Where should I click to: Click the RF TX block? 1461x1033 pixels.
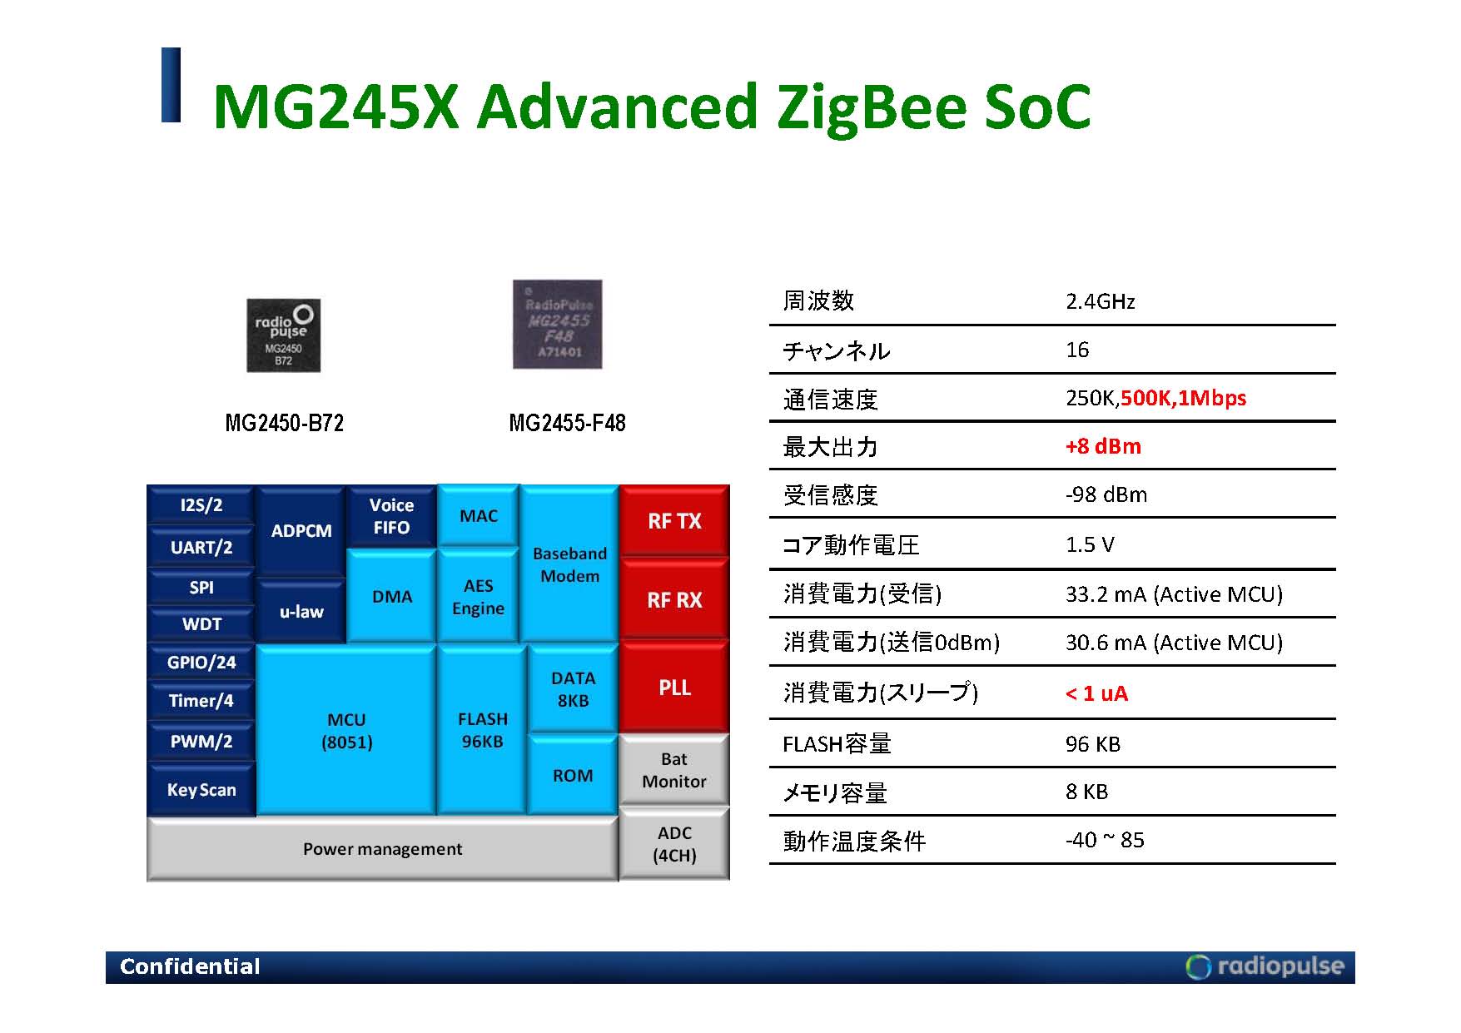pos(674,520)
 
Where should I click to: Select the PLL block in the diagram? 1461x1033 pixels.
pos(674,687)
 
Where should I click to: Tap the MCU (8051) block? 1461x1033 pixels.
pos(346,730)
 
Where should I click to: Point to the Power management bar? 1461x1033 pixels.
pos(382,849)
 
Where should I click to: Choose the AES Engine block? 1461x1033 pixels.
pos(478,596)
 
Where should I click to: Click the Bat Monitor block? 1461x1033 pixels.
pos(674,770)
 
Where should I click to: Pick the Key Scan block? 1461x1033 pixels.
pos(201,789)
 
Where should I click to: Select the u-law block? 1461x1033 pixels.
pos(301,612)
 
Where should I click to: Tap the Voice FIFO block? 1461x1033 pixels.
pos(391,516)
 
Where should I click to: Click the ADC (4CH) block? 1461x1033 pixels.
pos(674,843)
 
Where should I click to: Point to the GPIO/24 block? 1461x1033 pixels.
pos(201,663)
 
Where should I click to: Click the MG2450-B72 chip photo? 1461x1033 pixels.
pos(284,335)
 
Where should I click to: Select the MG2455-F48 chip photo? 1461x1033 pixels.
pos(558,325)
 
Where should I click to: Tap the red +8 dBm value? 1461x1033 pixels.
pos(1103,446)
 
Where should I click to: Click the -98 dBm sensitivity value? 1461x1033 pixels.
pos(1106,494)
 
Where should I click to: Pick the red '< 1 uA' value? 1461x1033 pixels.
pos(1096,693)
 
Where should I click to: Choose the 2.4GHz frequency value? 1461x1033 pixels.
pos(1101,301)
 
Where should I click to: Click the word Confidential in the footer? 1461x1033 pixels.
pos(190,966)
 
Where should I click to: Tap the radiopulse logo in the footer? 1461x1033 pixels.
pos(1265,966)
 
